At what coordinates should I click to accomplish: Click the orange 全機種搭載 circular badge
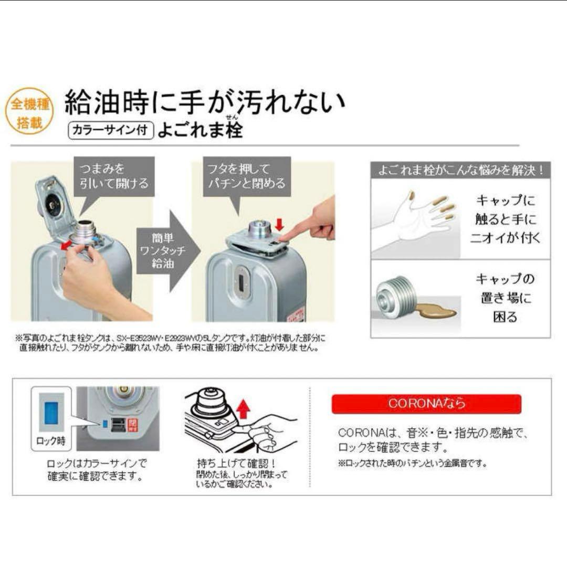[30, 111]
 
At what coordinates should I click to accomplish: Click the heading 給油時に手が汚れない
[205, 102]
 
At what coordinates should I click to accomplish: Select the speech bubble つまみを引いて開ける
[114, 176]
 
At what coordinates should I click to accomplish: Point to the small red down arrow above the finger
[279, 225]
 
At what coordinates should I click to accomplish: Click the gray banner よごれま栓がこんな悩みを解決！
[460, 170]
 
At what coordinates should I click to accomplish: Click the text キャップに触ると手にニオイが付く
[506, 219]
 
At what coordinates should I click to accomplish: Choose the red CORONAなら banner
[426, 404]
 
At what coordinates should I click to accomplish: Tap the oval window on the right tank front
[242, 282]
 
